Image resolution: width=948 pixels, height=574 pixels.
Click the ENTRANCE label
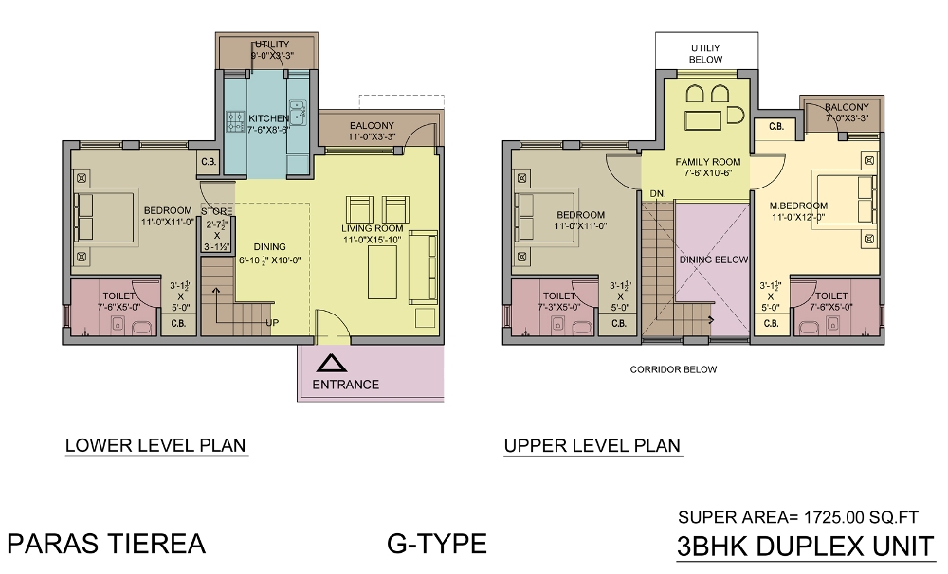(346, 385)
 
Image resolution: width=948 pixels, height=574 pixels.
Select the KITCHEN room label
(268, 118)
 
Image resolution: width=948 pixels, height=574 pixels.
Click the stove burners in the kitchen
(235, 120)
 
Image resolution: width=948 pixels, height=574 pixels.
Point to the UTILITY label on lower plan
(270, 45)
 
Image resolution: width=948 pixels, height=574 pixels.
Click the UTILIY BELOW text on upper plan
(706, 52)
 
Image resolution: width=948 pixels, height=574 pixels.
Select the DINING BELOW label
(713, 259)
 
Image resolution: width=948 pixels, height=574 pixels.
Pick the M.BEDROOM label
(798, 206)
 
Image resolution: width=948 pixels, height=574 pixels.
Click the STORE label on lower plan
(216, 211)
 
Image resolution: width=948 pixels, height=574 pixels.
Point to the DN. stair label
(657, 193)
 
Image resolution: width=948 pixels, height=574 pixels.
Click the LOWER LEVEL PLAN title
(155, 445)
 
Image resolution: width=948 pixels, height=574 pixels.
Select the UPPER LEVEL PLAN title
(592, 446)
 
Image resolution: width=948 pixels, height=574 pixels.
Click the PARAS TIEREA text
(106, 544)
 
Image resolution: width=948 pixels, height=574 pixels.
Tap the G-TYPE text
(437, 544)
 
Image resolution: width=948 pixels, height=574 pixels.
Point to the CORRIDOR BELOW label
(674, 369)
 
